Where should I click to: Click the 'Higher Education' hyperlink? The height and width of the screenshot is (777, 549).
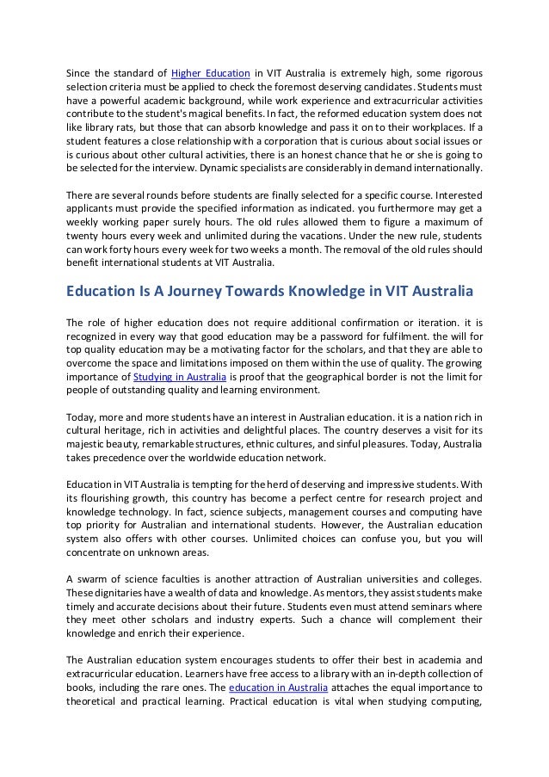[211, 71]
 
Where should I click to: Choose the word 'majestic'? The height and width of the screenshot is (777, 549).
[87, 445]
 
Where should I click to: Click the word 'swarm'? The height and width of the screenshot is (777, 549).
[93, 583]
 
